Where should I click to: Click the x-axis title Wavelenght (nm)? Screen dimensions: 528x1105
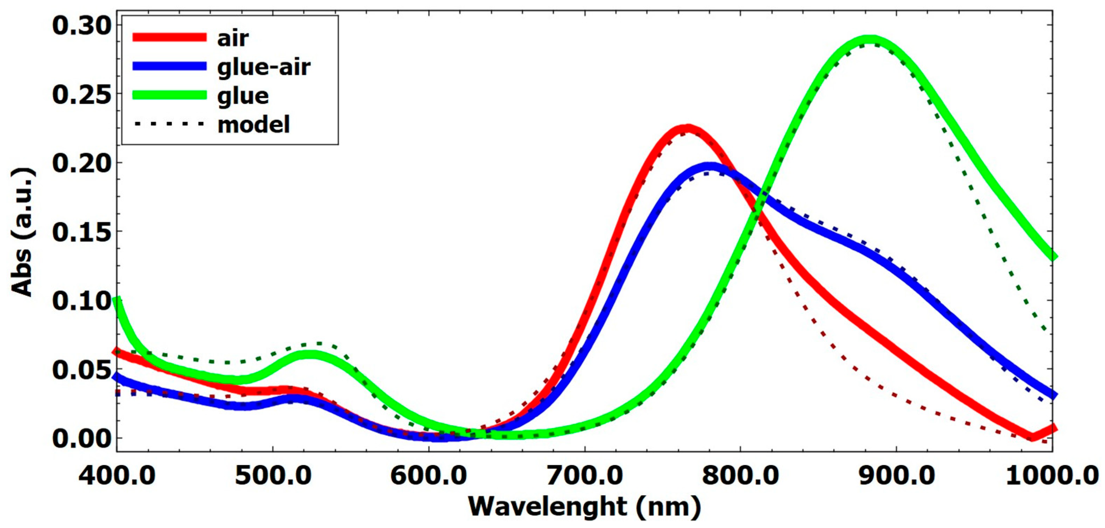pyautogui.click(x=584, y=507)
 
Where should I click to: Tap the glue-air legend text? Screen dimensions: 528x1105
pyautogui.click(x=264, y=67)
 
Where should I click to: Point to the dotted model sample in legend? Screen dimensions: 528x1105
pyautogui.click(x=169, y=124)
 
